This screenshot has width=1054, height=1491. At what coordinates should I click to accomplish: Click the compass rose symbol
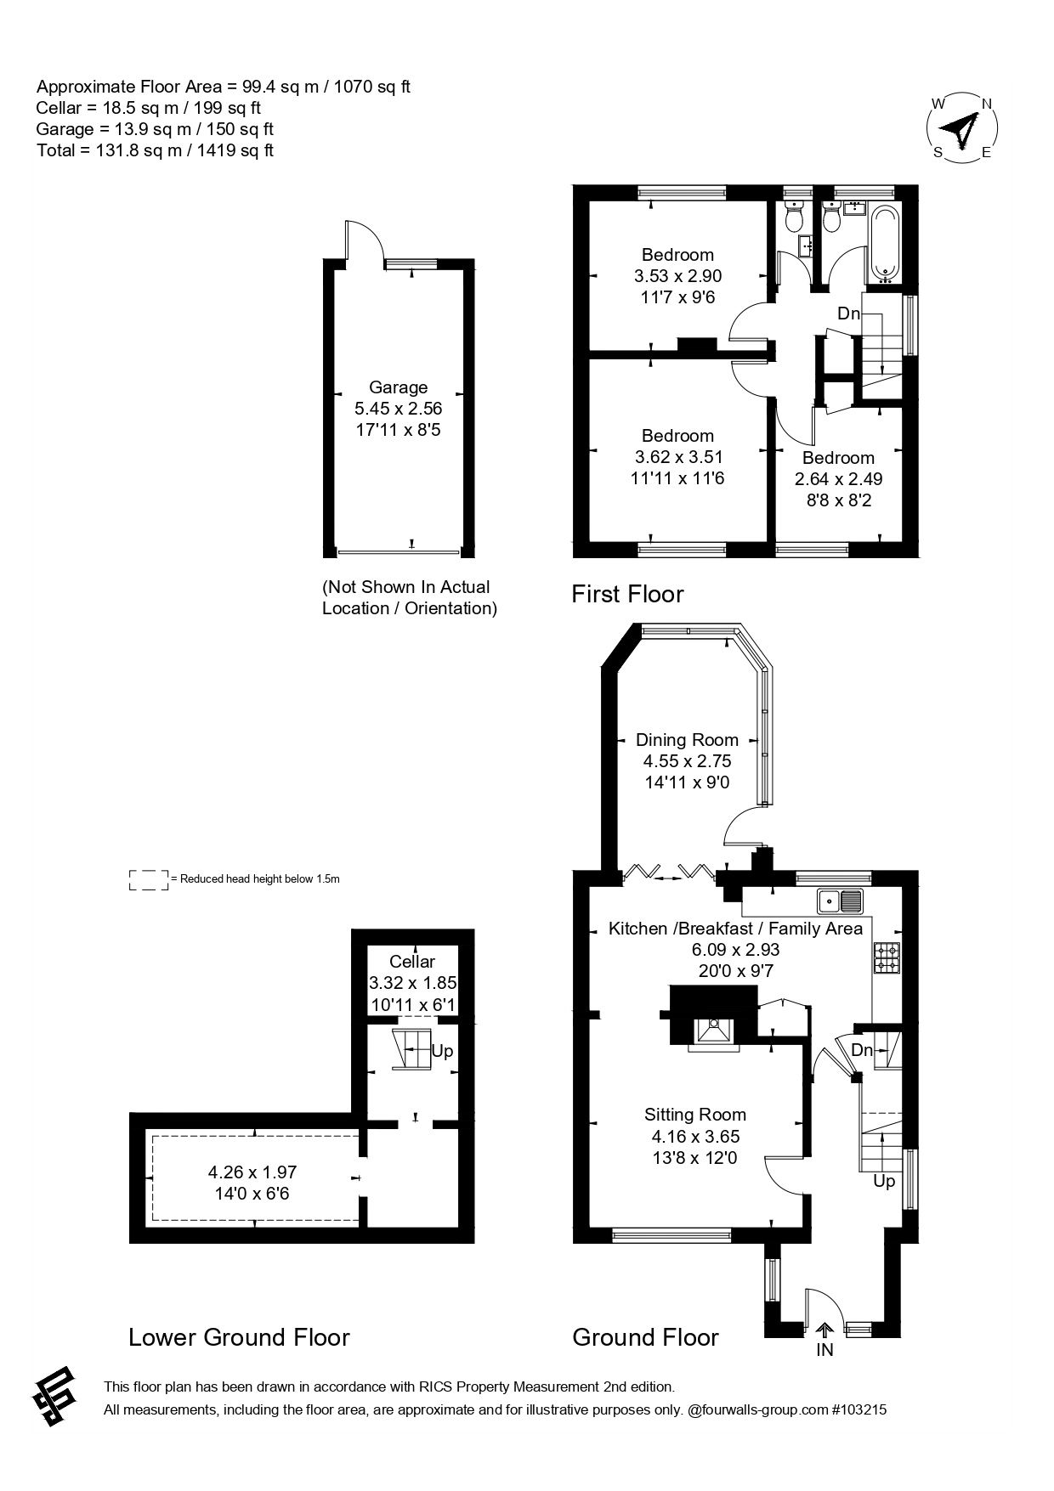(961, 128)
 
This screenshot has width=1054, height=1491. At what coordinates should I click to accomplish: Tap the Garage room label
(398, 387)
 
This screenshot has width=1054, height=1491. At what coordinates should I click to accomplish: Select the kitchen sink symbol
(839, 900)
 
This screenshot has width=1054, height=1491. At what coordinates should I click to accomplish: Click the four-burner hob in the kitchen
(887, 957)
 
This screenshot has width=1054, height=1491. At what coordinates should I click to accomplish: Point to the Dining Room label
(687, 740)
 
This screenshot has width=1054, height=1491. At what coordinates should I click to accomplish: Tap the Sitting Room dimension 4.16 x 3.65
(695, 1136)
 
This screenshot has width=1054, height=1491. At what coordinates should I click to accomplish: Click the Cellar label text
(412, 962)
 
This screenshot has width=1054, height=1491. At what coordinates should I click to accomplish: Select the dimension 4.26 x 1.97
(252, 1172)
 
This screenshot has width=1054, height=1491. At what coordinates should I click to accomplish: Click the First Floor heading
(627, 594)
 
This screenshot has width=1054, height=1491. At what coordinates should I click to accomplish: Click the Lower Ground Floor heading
(239, 1337)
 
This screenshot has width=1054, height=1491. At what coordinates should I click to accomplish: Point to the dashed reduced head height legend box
(148, 879)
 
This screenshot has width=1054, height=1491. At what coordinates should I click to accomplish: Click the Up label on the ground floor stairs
(884, 1181)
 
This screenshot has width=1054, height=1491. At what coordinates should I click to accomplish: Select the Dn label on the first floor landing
(848, 313)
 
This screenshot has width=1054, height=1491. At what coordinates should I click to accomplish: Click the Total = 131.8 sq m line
(155, 150)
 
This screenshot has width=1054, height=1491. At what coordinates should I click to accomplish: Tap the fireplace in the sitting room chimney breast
(713, 1030)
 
